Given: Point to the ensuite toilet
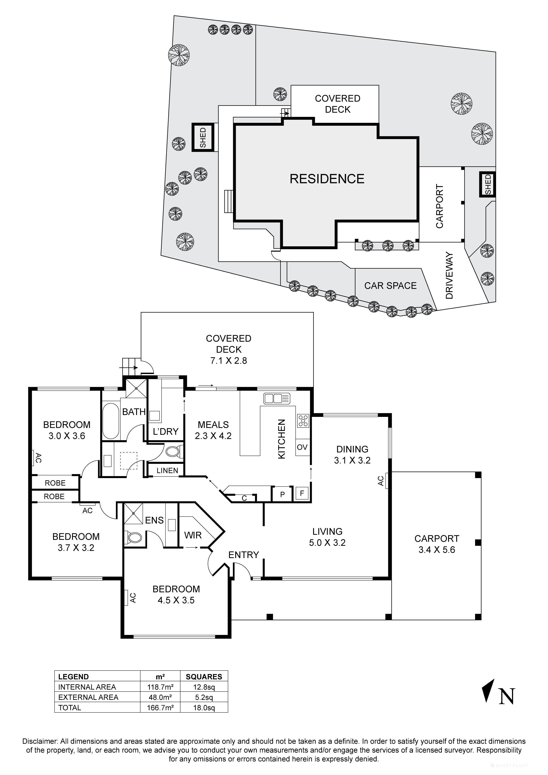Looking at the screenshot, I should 133,537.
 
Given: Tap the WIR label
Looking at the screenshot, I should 193,535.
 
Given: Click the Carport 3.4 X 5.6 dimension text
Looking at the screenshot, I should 437,550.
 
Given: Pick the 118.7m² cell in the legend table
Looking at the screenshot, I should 160,687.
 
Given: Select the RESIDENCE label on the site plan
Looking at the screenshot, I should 327,179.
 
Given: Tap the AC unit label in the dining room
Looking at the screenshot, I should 381,481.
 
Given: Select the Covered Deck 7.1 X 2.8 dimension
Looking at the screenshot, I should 228,361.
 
